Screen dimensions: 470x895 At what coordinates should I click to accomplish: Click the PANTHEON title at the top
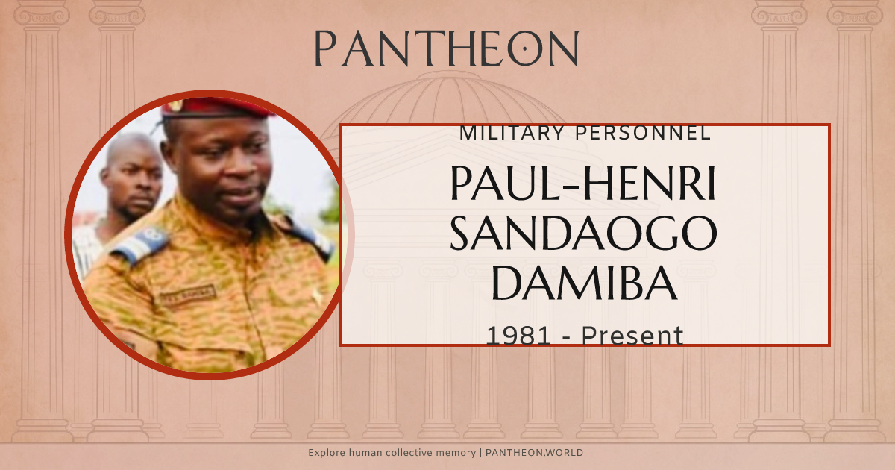tap(446, 48)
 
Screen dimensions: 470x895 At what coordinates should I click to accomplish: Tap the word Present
tap(632, 336)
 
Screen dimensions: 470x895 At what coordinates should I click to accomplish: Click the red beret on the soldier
tap(213, 107)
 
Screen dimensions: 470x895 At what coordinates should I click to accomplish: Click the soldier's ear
tap(170, 166)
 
